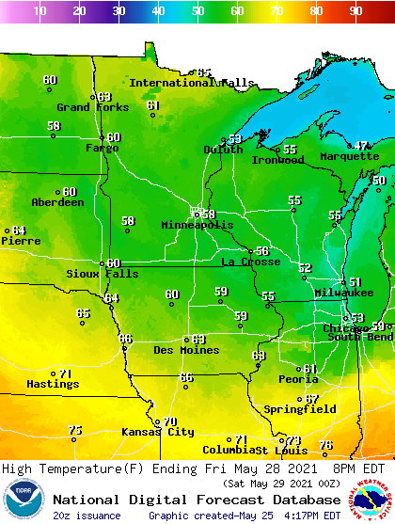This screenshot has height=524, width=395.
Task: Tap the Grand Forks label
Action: (93, 107)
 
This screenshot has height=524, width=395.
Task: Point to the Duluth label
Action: (223, 150)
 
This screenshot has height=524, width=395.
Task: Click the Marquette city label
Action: (349, 156)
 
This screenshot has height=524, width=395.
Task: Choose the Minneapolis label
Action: (197, 226)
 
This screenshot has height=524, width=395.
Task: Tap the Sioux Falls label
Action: (102, 274)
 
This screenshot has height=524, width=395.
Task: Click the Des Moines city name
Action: (186, 350)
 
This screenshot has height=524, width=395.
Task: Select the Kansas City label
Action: (157, 432)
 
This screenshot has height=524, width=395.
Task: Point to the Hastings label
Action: (52, 384)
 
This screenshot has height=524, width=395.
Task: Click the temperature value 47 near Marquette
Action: (362, 146)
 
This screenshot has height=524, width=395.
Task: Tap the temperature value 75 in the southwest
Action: (75, 430)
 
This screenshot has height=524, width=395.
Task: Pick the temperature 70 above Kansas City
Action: (169, 421)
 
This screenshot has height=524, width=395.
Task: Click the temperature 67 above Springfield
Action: (311, 399)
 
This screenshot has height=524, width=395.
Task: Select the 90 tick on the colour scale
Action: (355, 11)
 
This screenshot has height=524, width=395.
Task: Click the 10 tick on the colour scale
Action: (39, 11)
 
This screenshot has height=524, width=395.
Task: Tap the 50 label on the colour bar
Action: (197, 11)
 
